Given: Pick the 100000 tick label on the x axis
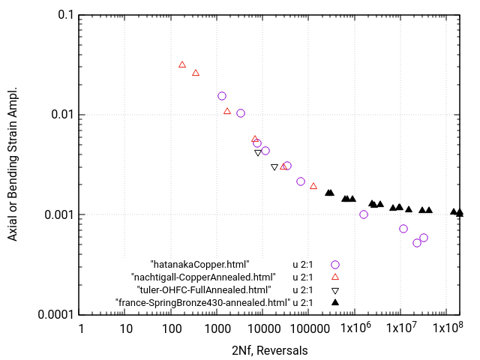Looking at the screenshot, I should pyautogui.click(x=308, y=329).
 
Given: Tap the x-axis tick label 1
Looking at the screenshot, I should pyautogui.click(x=80, y=329).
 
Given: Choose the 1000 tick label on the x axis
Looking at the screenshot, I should pyautogui.click(x=217, y=329).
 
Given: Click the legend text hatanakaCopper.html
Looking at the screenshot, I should pyautogui.click(x=199, y=264).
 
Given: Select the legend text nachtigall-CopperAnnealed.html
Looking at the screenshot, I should pyautogui.click(x=200, y=277).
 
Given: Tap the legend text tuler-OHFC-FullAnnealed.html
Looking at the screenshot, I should pyautogui.click(x=203, y=289).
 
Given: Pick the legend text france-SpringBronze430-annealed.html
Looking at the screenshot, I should pyautogui.click(x=202, y=302).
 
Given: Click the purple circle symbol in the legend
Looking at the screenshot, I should pyautogui.click(x=335, y=264).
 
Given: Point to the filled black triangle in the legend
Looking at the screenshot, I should pyautogui.click(x=335, y=301).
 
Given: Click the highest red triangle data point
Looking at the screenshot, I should pyautogui.click(x=182, y=64).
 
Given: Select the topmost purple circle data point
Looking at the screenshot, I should pyautogui.click(x=222, y=96).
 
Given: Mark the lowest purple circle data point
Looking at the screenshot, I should pyautogui.click(x=417, y=243).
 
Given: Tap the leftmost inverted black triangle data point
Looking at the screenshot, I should pyautogui.click(x=258, y=152).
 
